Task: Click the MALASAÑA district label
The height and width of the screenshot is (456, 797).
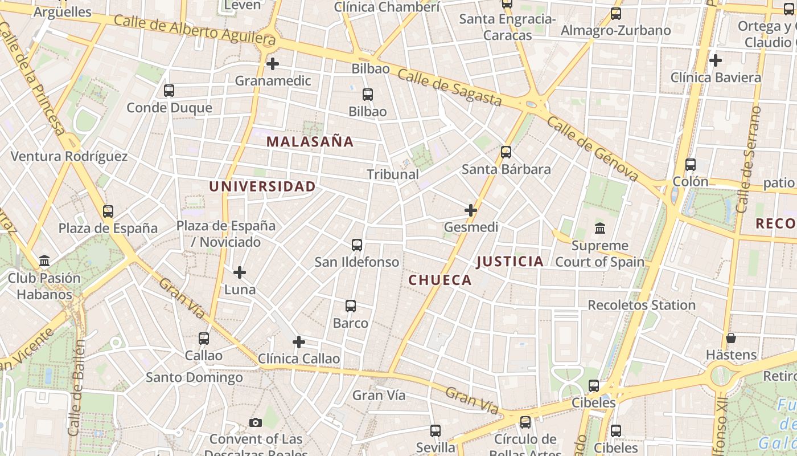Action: (x=310, y=141)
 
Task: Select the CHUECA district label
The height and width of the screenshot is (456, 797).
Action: (x=440, y=280)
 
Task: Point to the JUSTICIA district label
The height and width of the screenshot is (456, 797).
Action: (x=510, y=262)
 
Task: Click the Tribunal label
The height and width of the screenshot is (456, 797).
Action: (x=393, y=174)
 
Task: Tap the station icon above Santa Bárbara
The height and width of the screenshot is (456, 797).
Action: (x=506, y=152)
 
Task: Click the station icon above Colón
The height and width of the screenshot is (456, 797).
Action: (x=691, y=165)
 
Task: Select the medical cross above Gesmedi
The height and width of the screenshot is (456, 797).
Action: (x=471, y=210)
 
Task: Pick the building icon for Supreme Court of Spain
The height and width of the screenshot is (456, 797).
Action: (x=600, y=229)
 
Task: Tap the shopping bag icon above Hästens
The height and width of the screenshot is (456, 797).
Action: (x=731, y=338)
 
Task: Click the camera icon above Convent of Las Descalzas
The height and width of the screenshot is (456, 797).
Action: (x=256, y=422)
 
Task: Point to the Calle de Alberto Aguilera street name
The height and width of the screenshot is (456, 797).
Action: (x=195, y=30)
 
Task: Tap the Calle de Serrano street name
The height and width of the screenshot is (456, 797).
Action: (x=749, y=160)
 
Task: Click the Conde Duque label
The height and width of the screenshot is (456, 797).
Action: (x=169, y=108)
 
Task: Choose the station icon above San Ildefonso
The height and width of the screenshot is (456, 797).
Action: (x=357, y=245)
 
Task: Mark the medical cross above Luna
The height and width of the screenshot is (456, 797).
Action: (x=240, y=272)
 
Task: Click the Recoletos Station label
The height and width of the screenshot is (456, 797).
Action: (x=642, y=305)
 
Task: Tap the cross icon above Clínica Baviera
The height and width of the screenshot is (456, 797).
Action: (x=716, y=60)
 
